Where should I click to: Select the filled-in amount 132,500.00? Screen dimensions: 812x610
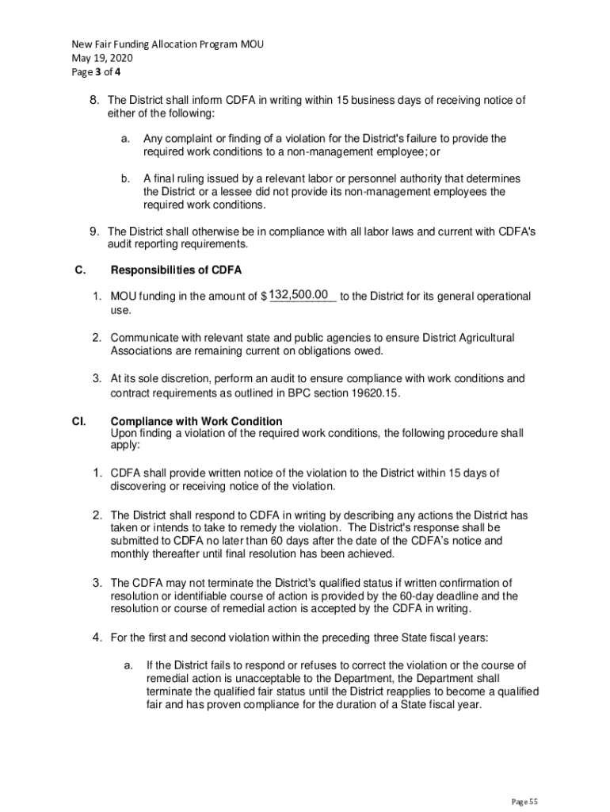click(x=299, y=295)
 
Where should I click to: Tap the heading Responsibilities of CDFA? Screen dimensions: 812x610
click(x=176, y=270)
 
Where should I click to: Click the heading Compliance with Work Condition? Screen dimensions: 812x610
click(x=196, y=421)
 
